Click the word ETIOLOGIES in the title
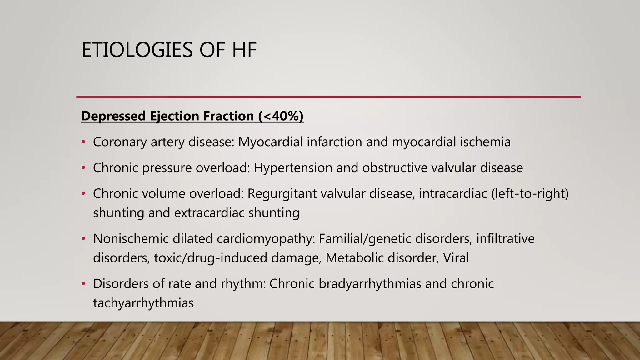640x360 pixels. pyautogui.click(x=137, y=50)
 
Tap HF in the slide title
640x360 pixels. pyautogui.click(x=244, y=50)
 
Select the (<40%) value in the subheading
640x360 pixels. pyautogui.click(x=281, y=116)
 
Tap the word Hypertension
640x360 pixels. pyautogui.click(x=293, y=168)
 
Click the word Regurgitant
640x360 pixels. pyautogui.click(x=282, y=194)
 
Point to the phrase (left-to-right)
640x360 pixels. pyautogui.click(x=530, y=194)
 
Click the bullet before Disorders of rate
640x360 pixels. pyautogui.click(x=83, y=284)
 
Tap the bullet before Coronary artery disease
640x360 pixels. pyautogui.click(x=83, y=142)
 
